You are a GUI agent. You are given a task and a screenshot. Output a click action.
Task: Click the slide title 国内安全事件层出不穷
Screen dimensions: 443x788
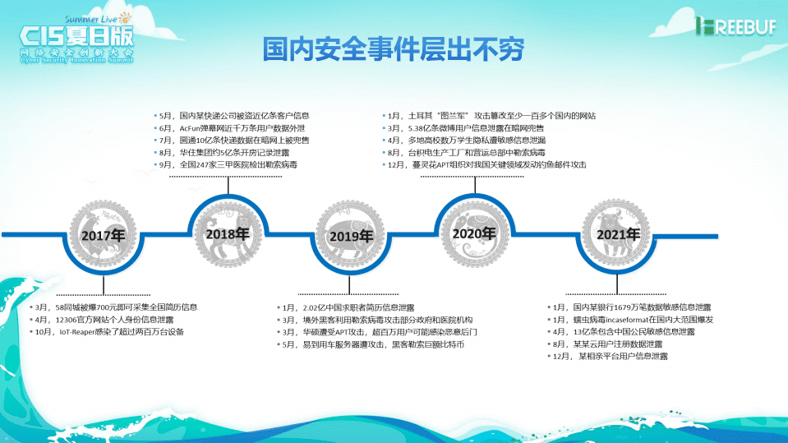click(394, 49)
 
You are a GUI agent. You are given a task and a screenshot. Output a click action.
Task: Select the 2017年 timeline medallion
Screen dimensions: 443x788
click(103, 235)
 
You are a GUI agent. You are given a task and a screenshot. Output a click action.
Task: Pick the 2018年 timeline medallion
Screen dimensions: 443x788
click(228, 233)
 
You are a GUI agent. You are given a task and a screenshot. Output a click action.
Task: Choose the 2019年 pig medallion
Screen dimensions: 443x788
click(351, 236)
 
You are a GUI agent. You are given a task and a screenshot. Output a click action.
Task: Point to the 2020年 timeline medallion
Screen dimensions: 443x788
click(474, 233)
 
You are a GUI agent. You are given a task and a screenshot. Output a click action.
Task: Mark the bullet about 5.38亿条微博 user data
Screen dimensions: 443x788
click(466, 128)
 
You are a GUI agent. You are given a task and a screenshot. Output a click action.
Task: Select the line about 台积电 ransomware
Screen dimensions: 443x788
click(468, 153)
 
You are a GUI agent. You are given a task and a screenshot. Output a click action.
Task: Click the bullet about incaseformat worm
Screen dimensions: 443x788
click(631, 319)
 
